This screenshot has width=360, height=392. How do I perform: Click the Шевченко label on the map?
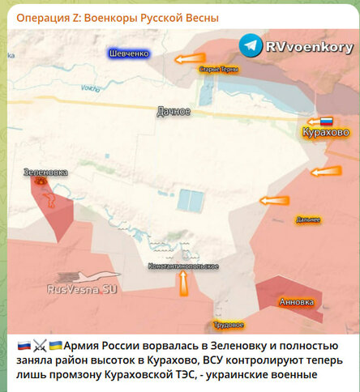tap(130, 53)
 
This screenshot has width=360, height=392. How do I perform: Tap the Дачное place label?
tap(174, 111)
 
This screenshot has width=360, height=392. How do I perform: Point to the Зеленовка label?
tap(45, 173)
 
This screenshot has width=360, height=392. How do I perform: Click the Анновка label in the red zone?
tap(295, 302)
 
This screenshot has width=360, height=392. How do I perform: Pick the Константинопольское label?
tap(182, 266)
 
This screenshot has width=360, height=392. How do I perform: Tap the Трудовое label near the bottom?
tap(229, 325)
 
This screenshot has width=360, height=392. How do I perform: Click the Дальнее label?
tap(308, 219)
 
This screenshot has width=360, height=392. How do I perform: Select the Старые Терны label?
tap(219, 70)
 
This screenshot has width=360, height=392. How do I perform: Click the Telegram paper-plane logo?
tap(251, 45)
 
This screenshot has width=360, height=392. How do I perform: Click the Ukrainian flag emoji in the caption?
tap(55, 344)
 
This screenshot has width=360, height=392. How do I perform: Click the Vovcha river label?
tap(89, 87)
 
